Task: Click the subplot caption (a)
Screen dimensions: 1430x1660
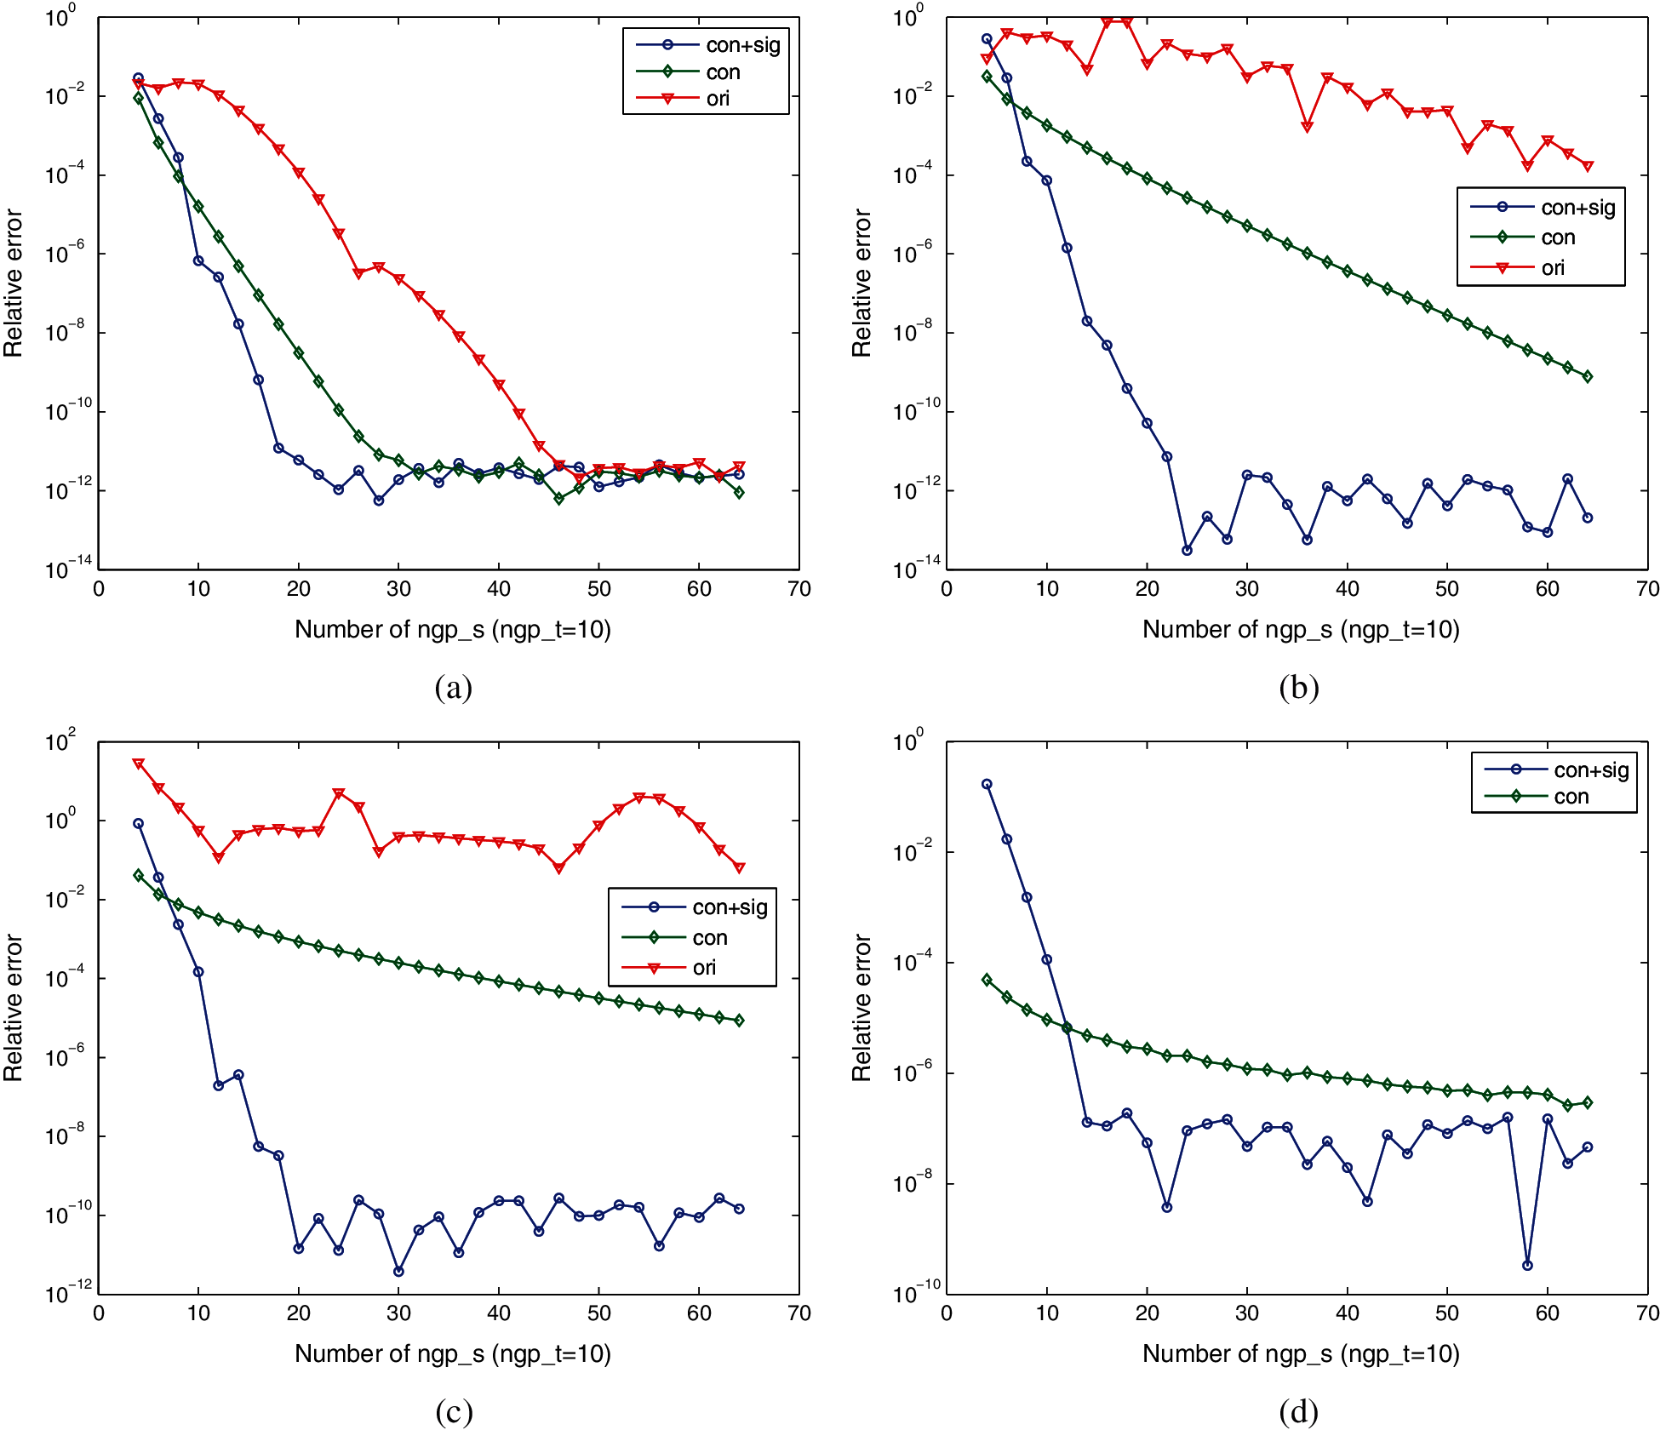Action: point(453,687)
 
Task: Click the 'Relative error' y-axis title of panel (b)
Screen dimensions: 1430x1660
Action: point(861,283)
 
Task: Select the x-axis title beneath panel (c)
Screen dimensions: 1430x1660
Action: point(453,1353)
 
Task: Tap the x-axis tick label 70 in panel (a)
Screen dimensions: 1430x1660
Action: point(799,589)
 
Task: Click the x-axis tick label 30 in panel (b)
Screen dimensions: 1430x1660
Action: point(1247,589)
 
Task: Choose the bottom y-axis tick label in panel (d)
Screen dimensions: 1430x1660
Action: point(916,1294)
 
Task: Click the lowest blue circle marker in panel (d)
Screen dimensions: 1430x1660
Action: point(1527,1265)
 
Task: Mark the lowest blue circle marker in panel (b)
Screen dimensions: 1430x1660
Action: point(1187,551)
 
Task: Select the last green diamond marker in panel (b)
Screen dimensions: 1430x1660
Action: point(1588,377)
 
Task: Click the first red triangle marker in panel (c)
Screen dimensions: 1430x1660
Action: point(139,764)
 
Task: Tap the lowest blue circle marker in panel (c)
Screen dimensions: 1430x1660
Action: point(398,1271)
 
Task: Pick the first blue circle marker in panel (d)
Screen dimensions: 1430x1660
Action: point(987,784)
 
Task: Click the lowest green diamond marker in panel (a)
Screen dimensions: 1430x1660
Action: point(558,499)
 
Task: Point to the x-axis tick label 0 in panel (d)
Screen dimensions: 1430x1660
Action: point(947,1313)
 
